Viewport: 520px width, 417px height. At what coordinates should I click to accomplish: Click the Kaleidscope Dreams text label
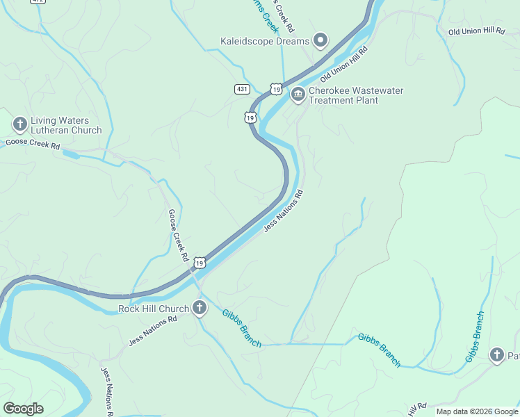(264, 41)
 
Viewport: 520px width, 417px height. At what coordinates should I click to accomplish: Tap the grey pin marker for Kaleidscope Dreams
(320, 41)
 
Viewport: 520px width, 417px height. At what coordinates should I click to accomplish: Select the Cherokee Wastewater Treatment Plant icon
(298, 95)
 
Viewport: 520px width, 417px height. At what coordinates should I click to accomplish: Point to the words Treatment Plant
(343, 101)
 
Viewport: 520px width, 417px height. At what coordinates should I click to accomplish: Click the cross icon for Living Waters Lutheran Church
(19, 125)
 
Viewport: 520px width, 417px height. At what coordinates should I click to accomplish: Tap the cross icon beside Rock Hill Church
(200, 309)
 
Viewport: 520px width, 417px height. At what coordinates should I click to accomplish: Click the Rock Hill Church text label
(154, 309)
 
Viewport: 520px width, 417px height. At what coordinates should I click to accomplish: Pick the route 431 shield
(242, 89)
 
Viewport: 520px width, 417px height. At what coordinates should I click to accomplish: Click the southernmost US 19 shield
(200, 262)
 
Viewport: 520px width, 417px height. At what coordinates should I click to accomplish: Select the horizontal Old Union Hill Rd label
(476, 32)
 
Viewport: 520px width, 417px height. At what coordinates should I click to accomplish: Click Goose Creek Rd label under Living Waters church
(33, 143)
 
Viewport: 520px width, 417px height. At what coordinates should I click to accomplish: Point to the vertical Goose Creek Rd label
(179, 235)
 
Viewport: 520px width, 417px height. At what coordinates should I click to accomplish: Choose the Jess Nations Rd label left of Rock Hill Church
(153, 330)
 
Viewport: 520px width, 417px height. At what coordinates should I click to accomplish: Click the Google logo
(23, 409)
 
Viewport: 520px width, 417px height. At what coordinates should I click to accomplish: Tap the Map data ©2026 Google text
(476, 411)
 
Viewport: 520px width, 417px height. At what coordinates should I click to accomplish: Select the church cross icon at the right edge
(497, 356)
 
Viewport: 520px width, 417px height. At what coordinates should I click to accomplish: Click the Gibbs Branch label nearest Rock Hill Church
(242, 327)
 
